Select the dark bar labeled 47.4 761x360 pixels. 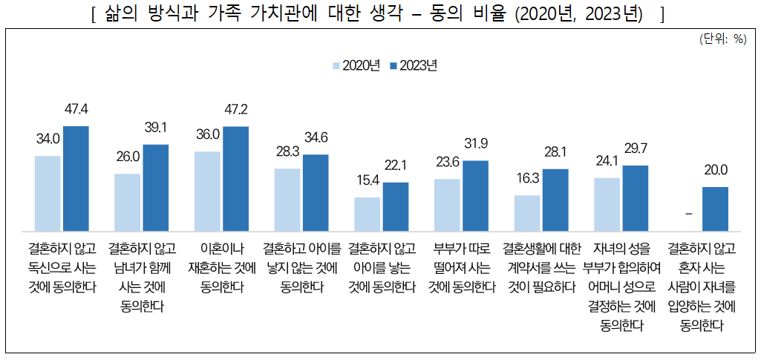click(x=76, y=178)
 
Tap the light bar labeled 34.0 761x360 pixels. click(x=48, y=193)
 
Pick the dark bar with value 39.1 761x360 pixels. click(x=155, y=187)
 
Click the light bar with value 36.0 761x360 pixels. click(x=207, y=191)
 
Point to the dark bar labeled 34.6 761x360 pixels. click(x=316, y=192)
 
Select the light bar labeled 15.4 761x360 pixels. click(x=367, y=214)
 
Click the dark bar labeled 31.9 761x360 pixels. click(x=475, y=195)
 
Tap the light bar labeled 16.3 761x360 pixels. click(x=527, y=213)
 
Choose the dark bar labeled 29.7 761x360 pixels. click(x=636, y=197)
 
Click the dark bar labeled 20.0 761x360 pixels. click(x=715, y=209)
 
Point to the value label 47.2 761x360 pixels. click(x=235, y=110)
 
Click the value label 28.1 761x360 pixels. click(x=555, y=152)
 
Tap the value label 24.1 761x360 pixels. click(x=607, y=161)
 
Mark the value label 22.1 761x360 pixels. click(x=395, y=166)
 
